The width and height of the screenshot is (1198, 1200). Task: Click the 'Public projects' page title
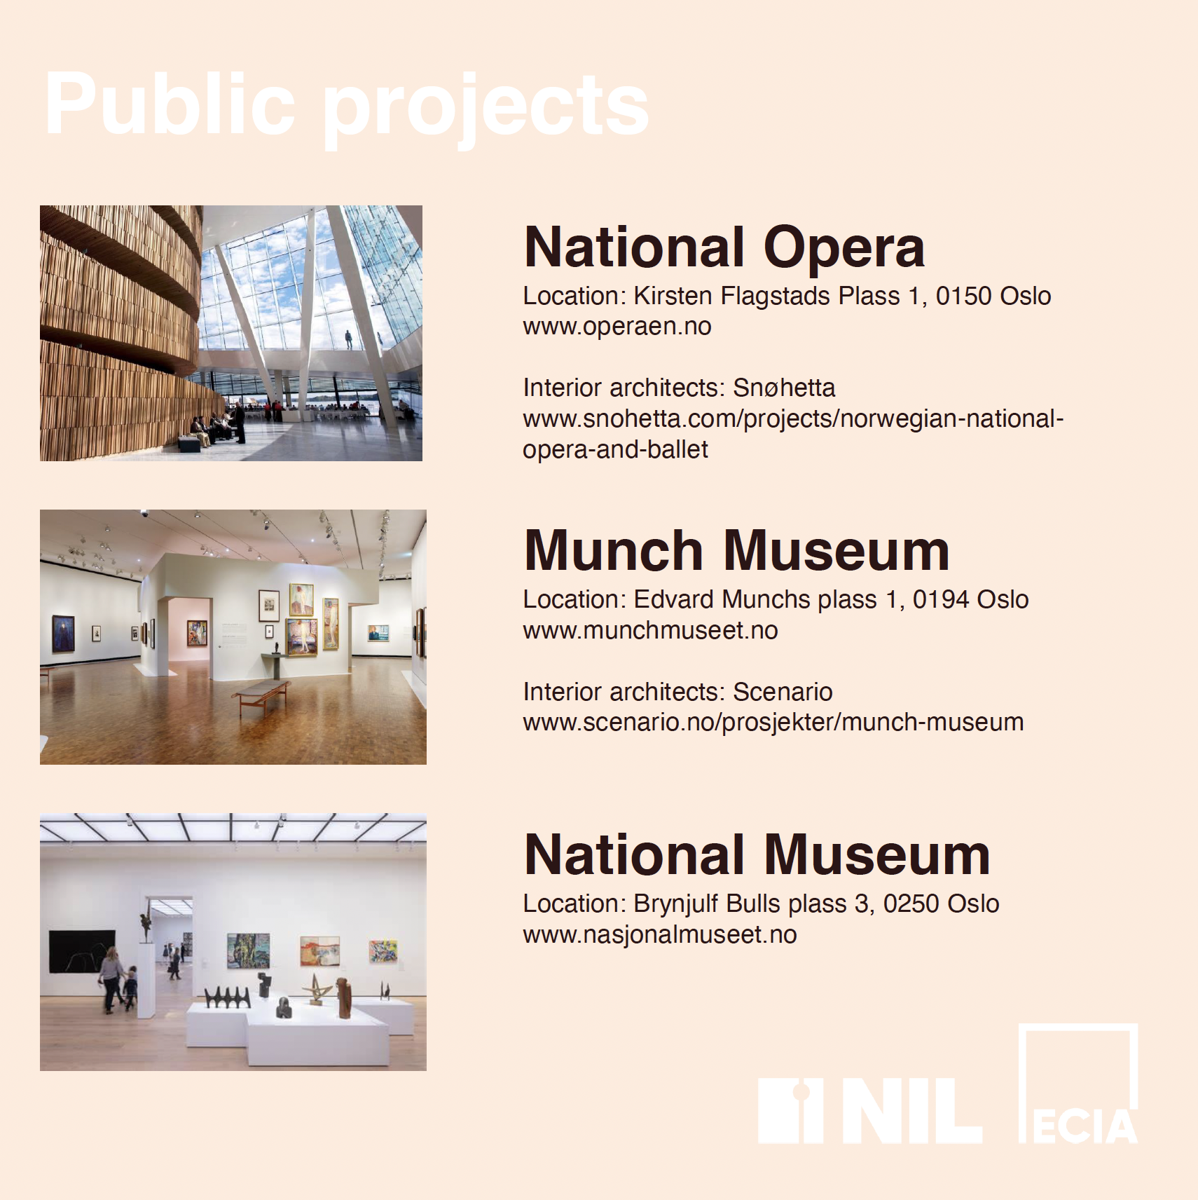point(347,105)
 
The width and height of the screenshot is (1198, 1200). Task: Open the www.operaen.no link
point(617,327)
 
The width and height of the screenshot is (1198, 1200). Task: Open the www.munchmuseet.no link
point(650,630)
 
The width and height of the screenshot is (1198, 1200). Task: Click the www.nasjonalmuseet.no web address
point(660,934)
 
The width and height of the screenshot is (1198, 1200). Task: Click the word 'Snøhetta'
point(784,388)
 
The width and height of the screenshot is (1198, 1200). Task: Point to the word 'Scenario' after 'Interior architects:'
point(783,692)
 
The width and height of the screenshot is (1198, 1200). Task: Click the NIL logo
point(869,1110)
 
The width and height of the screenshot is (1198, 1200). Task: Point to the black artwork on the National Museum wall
point(82,951)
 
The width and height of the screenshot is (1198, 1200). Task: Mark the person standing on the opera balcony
point(348,340)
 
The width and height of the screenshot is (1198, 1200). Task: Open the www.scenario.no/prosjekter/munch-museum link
point(773,723)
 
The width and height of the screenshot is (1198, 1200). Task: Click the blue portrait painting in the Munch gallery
point(63,634)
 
